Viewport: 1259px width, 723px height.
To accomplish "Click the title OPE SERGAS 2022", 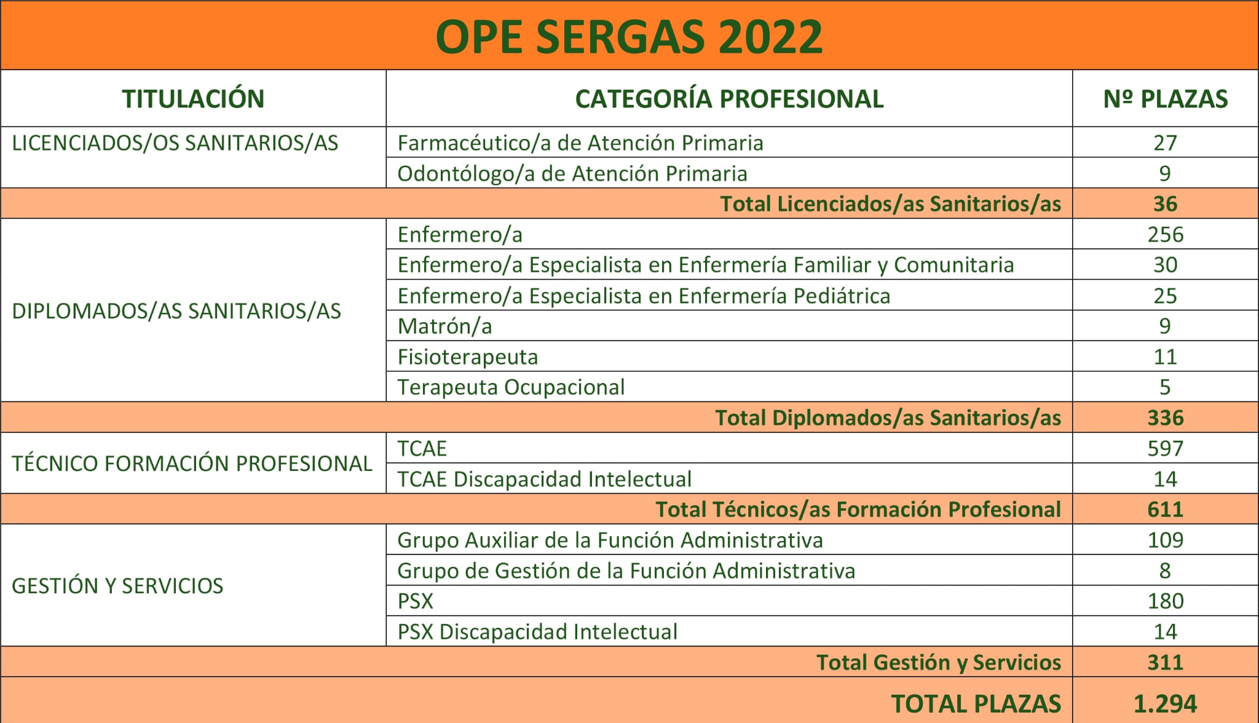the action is click(629, 37).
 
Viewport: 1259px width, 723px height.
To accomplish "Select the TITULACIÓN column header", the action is click(193, 99).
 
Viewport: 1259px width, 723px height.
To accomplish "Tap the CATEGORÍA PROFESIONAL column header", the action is click(729, 99).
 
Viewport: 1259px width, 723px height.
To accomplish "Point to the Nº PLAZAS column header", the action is click(1166, 99).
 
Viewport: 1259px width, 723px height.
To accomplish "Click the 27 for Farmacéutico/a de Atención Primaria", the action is click(1165, 143).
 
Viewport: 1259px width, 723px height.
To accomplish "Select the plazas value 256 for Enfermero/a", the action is click(1166, 235).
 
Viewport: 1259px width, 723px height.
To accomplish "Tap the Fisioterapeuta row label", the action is click(467, 357).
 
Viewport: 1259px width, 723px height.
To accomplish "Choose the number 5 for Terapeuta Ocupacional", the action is click(1165, 387).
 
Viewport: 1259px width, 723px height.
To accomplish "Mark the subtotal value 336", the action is click(1166, 418).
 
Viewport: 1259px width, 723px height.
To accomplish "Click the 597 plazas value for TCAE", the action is click(1166, 449).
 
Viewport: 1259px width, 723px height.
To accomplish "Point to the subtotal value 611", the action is click(1166, 510).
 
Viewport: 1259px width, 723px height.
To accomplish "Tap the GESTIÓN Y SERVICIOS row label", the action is click(117, 586).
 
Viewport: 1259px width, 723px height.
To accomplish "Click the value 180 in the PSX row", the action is click(1166, 601).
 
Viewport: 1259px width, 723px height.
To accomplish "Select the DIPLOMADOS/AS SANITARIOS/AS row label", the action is click(176, 311).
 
